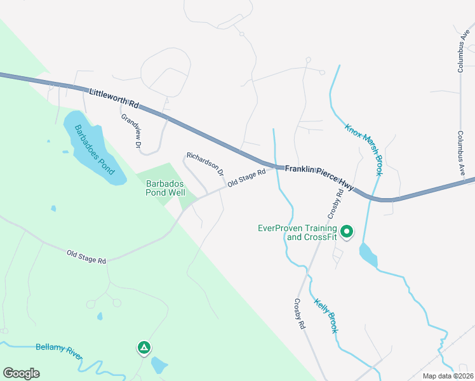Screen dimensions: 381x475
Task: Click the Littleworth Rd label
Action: (x=114, y=98)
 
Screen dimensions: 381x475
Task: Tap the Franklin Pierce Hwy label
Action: (x=319, y=175)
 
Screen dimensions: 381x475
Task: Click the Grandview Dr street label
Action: (x=131, y=131)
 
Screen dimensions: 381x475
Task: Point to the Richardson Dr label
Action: (x=205, y=164)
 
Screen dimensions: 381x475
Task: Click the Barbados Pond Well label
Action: (x=165, y=188)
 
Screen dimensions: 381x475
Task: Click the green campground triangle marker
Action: (x=144, y=347)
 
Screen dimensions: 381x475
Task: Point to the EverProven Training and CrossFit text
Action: (x=298, y=232)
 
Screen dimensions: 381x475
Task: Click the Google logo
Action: (x=21, y=373)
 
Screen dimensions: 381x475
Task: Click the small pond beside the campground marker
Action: (x=159, y=365)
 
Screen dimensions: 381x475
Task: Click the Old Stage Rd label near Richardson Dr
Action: (x=246, y=177)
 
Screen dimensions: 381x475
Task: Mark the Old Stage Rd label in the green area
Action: (x=86, y=257)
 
